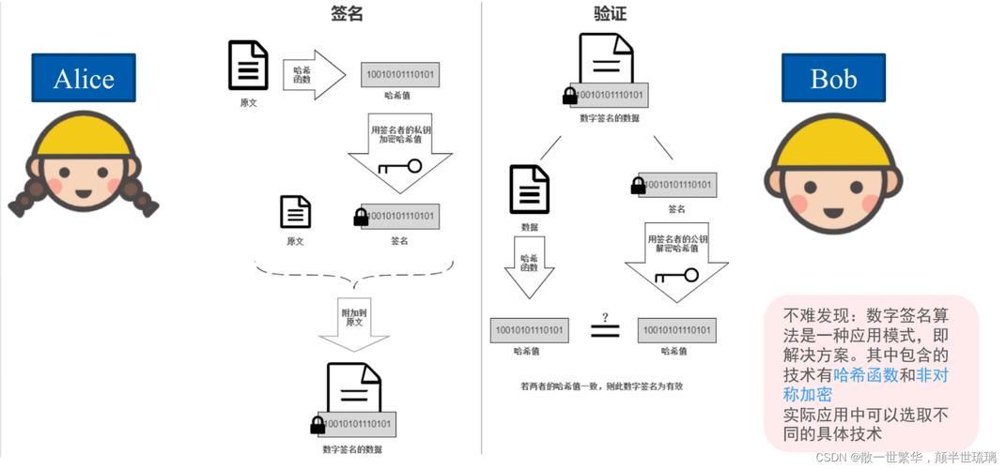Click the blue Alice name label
84,78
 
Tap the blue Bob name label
833,78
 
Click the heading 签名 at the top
347,13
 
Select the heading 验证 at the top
610,13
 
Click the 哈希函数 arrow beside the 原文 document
313,74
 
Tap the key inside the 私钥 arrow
399,167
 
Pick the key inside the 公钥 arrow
676,276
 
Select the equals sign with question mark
605,327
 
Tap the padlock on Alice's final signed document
317,426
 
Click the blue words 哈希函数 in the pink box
865,375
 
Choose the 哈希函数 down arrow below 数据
530,265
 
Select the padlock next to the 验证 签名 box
638,185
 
